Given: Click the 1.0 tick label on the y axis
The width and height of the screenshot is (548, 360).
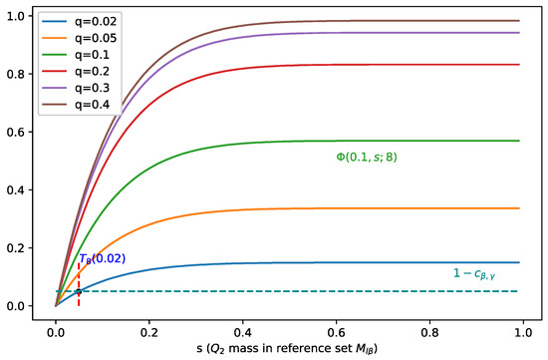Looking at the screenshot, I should [x=18, y=15].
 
